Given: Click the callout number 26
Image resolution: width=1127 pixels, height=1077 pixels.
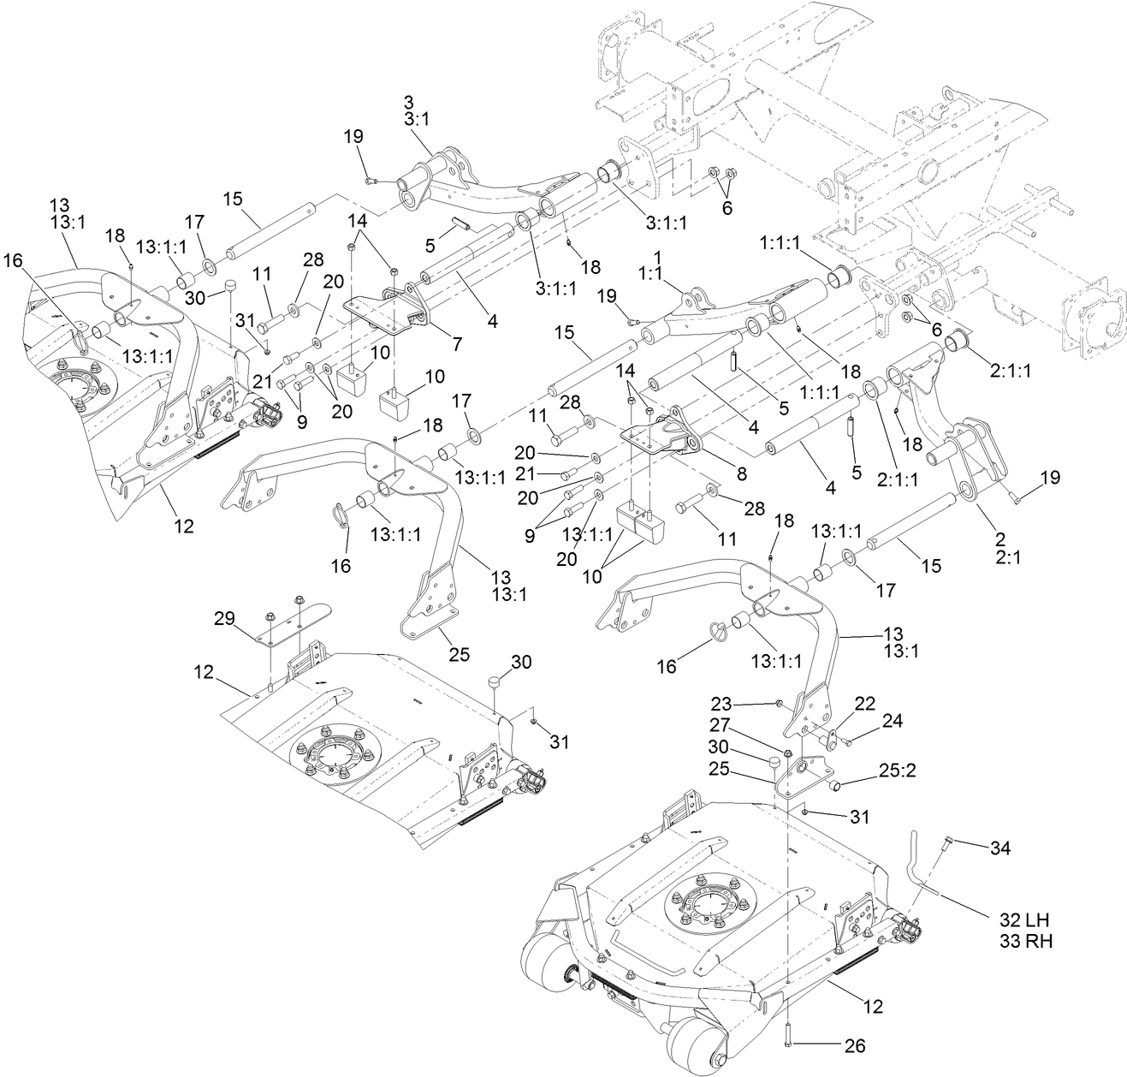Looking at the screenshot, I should pos(854,1046).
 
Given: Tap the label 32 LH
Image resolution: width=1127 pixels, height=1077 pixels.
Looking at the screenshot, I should pos(1025,920).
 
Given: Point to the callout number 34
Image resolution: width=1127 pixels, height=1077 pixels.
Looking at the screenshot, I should pos(999,848).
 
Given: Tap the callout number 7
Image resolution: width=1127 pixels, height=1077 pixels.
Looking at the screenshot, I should pos(457,344).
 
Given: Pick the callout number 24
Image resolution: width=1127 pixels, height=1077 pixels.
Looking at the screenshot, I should pos(892,721).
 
